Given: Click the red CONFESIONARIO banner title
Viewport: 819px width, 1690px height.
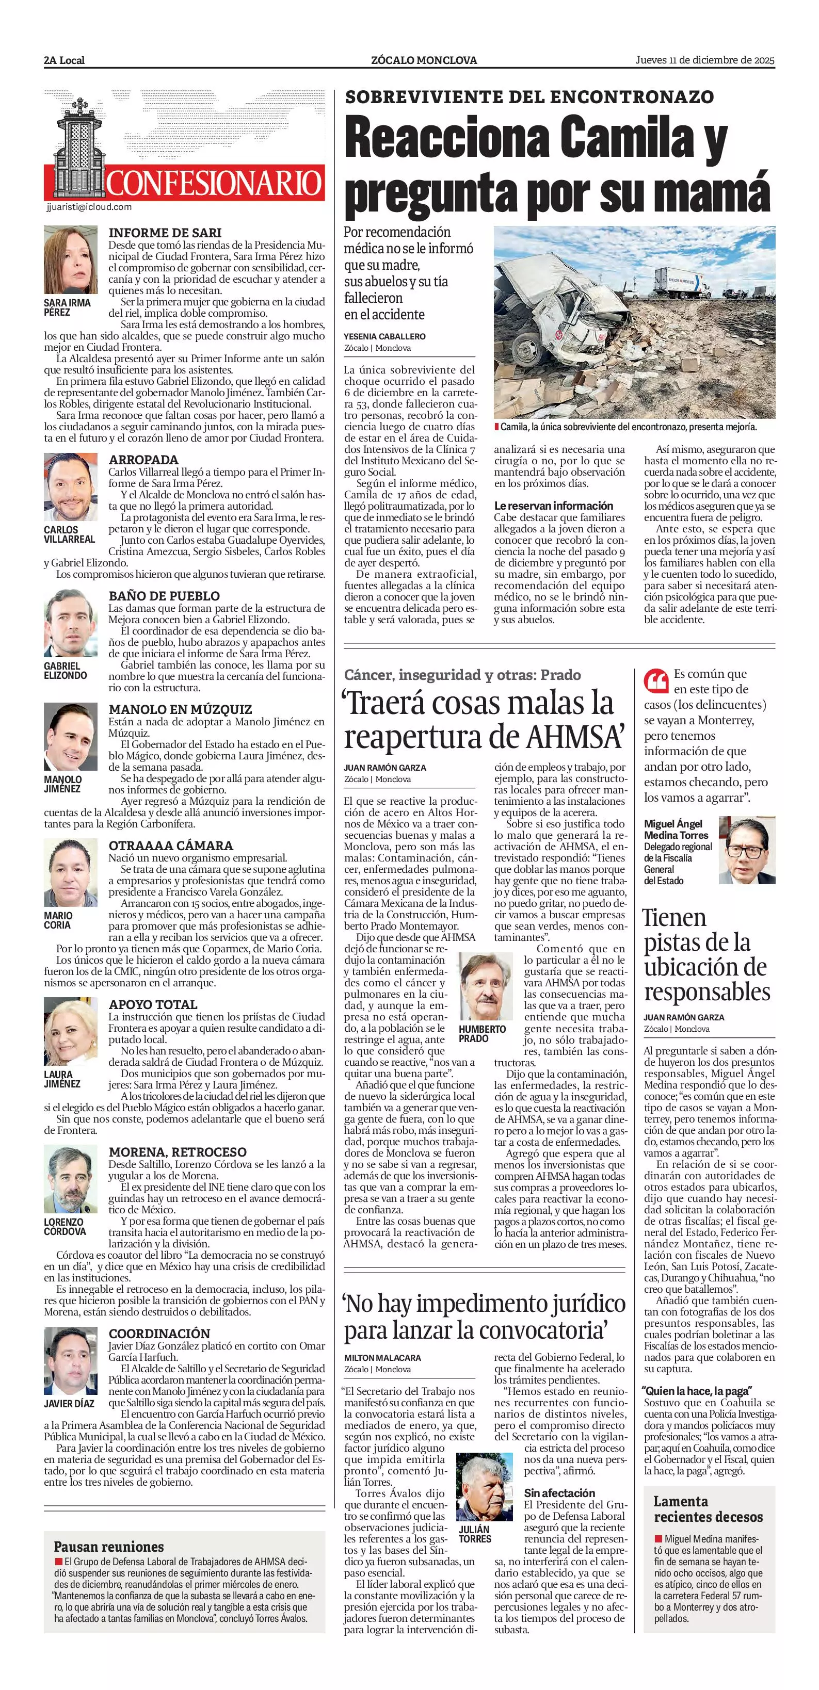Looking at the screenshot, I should pos(215,183).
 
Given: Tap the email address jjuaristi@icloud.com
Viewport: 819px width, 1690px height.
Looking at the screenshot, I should pos(89,207).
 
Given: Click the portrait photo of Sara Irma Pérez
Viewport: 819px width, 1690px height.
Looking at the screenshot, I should pos(70,260).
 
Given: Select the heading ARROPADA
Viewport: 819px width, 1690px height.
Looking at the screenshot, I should pos(143,460).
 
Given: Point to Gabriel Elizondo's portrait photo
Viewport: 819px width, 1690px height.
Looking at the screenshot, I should pos(70,623).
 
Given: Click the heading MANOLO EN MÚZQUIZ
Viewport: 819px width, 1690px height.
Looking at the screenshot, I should pos(180,709).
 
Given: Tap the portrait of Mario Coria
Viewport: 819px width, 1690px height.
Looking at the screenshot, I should pos(70,872).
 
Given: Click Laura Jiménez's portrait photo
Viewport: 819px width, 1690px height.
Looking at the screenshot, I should pos(70,1032).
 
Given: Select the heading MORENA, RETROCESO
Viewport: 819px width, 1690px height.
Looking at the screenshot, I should pos(177,1152).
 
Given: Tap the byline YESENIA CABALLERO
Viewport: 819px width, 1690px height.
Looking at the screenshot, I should pos(384,336).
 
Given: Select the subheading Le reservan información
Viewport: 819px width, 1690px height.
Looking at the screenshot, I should pos(553,506).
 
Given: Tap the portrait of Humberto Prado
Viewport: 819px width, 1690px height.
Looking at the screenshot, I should pos(485,986).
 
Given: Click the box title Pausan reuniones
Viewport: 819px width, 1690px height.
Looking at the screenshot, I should pos(109,1546).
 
